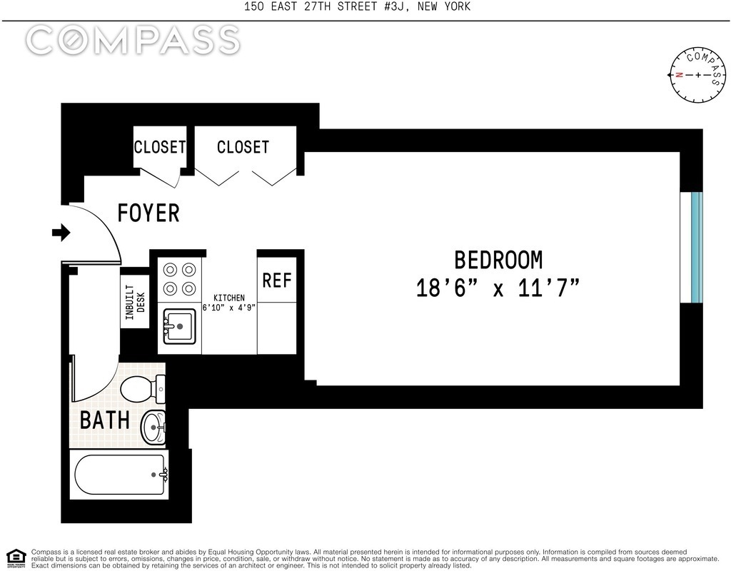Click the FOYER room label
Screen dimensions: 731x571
coord(148,213)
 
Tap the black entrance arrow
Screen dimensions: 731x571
coord(61,232)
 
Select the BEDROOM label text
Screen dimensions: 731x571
coord(498,260)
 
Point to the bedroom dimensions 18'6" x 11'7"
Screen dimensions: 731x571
coord(498,287)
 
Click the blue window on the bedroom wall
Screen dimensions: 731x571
coord(697,247)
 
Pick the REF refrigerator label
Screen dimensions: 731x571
coord(277,280)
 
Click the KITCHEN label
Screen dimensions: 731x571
coord(229,298)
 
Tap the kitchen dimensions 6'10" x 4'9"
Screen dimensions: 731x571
coord(229,308)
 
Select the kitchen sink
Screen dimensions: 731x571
coord(179,326)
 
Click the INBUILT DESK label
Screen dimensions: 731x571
coord(136,302)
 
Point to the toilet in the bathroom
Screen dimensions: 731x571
coord(143,388)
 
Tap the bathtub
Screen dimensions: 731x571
coord(120,475)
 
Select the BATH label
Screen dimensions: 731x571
coord(105,420)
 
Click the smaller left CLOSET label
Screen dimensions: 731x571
coord(159,147)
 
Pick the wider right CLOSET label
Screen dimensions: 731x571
coord(243,147)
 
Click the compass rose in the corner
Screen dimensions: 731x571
coord(698,74)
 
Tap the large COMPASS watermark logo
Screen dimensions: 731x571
coord(133,40)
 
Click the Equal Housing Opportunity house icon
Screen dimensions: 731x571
coord(16,558)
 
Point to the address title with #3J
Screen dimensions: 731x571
coord(357,6)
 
